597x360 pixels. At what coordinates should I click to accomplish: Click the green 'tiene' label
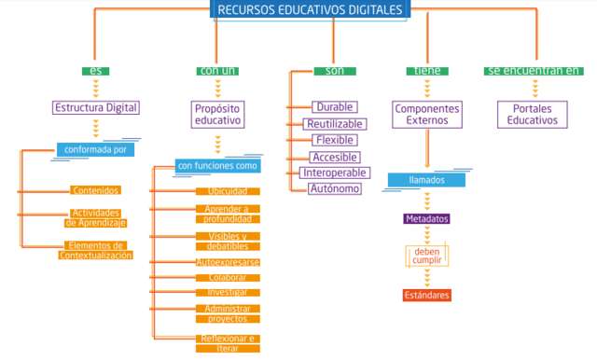pyautogui.click(x=426, y=71)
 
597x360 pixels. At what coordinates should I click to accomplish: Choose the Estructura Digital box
pyautogui.click(x=95, y=107)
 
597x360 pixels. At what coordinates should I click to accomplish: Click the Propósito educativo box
pyautogui.click(x=216, y=115)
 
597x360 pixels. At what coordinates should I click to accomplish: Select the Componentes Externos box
pyautogui.click(x=427, y=115)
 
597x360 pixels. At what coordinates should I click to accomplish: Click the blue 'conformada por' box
pyautogui.click(x=95, y=148)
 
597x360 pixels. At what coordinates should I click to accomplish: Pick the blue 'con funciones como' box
pyautogui.click(x=216, y=166)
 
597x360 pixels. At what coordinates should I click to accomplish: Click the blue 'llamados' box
pyautogui.click(x=427, y=180)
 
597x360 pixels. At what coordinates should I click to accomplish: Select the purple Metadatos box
pyautogui.click(x=427, y=219)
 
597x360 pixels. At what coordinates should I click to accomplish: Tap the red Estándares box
pyautogui.click(x=427, y=296)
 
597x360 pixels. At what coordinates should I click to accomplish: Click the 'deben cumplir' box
pyautogui.click(x=427, y=256)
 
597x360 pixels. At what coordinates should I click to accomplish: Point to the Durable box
pyautogui.click(x=334, y=107)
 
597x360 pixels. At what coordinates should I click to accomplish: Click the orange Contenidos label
pyautogui.click(x=95, y=190)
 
